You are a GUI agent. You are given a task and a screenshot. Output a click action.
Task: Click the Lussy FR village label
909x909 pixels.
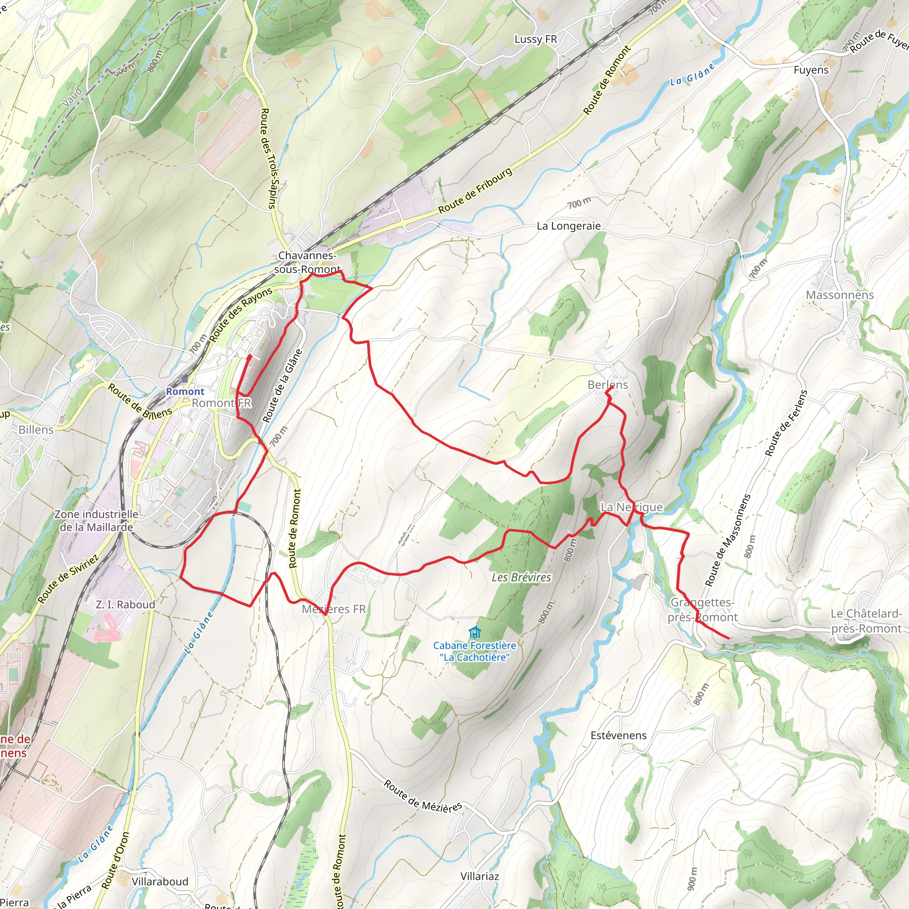tap(535, 39)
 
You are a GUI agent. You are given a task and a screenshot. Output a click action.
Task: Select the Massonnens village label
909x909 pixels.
tap(839, 295)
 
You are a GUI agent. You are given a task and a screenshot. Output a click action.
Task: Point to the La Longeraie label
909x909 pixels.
tap(569, 226)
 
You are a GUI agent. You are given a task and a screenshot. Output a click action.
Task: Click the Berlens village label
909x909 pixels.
tap(608, 384)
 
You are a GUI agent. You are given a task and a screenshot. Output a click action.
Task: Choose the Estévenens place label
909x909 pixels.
tap(618, 735)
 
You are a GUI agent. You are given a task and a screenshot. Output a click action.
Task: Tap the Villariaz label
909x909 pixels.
tap(479, 876)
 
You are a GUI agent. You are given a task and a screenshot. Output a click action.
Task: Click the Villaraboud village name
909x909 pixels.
tap(160, 881)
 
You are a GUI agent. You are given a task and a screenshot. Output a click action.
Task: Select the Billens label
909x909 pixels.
tap(36, 430)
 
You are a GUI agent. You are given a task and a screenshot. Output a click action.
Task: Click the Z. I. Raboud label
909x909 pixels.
tap(125, 605)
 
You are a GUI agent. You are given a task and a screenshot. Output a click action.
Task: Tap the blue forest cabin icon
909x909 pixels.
tap(475, 632)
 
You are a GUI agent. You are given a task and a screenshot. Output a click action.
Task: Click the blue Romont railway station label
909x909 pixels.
tap(185, 391)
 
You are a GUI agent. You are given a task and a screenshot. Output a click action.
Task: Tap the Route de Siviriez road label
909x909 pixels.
tap(69, 579)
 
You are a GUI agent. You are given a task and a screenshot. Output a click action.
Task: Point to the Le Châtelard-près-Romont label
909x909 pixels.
tap(866, 621)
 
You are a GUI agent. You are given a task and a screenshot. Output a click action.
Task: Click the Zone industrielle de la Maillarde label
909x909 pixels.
tap(96, 520)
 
